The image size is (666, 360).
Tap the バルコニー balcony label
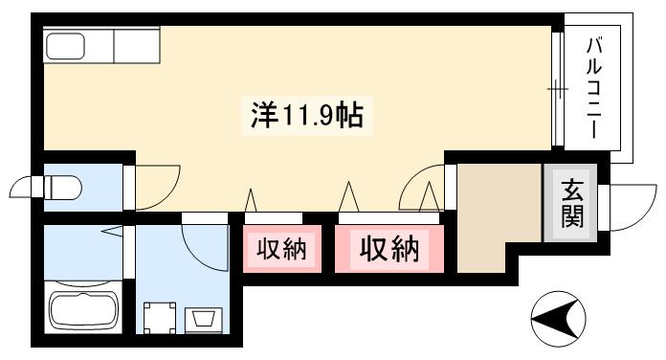click(595, 87)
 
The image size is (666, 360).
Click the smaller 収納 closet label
click(281, 251)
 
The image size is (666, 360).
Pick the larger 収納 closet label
click(389, 250)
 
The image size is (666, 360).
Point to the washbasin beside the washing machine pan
click(204, 317)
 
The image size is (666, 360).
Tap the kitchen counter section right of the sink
click(138, 45)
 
